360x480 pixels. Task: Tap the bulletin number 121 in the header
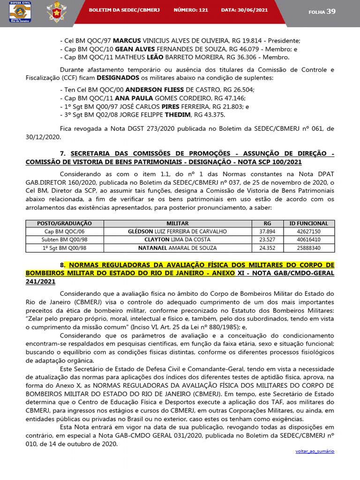pos(203,9)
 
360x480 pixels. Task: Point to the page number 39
pos(331,11)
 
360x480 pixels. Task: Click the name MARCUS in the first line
pos(128,41)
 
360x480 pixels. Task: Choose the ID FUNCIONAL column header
pos(308,224)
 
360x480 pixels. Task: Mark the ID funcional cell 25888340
pos(308,248)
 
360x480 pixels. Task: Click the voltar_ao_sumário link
pos(315,451)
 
